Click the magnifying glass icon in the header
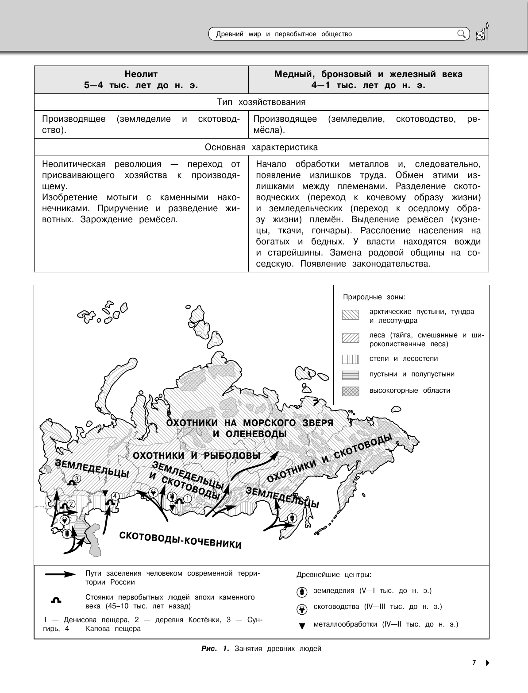point(461,34)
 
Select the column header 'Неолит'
point(141,74)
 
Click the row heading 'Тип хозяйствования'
point(261,102)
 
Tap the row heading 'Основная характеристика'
point(261,147)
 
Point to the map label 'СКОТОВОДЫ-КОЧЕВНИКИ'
point(181,539)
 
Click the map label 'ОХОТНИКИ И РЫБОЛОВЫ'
point(197,455)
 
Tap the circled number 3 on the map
point(77,478)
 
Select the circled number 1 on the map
point(187,498)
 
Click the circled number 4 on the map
point(114,496)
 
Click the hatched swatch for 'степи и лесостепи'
point(350,359)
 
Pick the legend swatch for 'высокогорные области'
point(350,391)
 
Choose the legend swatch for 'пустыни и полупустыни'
point(350,375)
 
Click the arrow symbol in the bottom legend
point(61,574)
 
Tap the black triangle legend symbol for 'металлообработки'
point(302,626)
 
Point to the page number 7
point(474,663)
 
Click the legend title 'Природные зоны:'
point(374,297)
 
